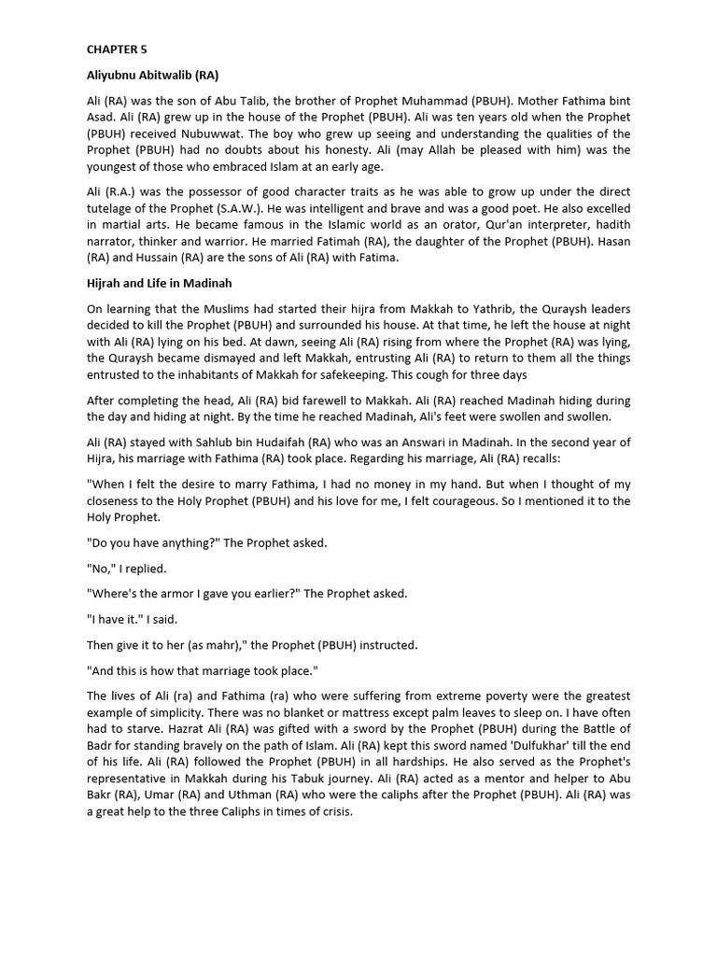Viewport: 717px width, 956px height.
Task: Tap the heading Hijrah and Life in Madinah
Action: point(160,283)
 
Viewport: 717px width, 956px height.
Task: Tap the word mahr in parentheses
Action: point(223,645)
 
